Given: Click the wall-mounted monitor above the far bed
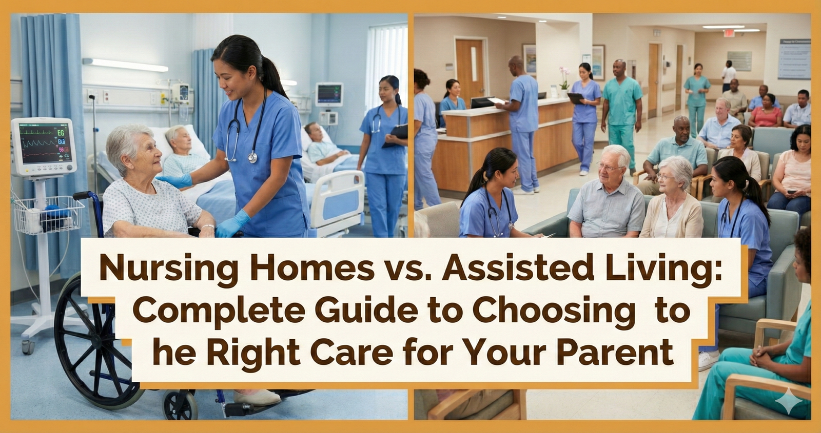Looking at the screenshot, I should pyautogui.click(x=329, y=94).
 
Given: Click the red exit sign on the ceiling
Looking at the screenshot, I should pyautogui.click(x=727, y=33).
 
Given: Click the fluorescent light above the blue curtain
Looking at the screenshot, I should pyautogui.click(x=126, y=65).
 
